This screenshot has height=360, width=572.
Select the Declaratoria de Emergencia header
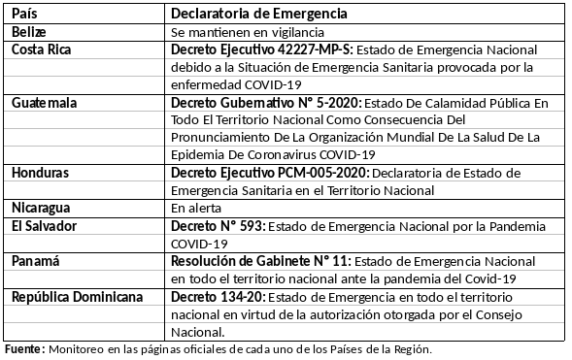(x=259, y=15)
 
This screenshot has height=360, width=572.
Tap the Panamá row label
(x=36, y=261)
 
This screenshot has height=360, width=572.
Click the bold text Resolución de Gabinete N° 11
(x=259, y=261)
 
